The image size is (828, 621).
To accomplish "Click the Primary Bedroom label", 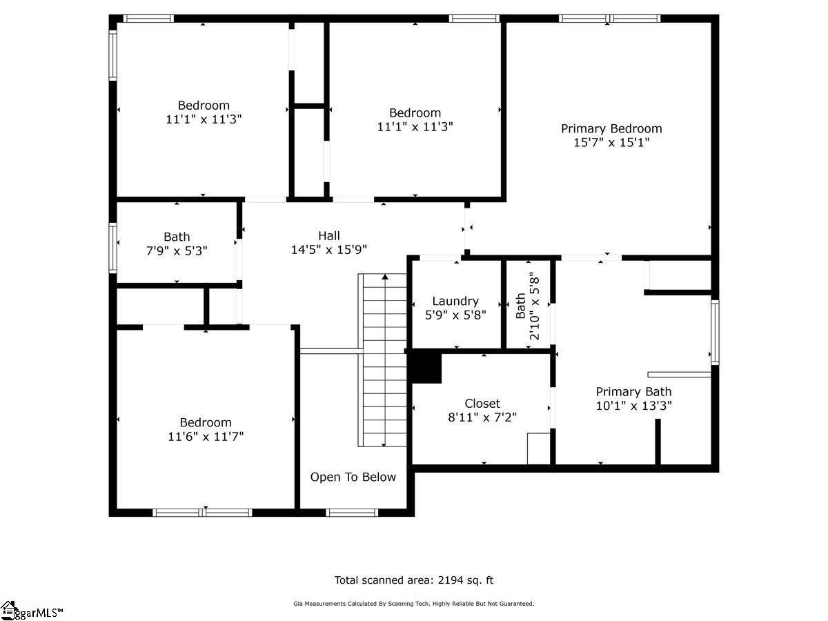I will pos(611,128).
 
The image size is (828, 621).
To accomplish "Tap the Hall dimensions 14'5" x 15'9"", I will pos(328,250).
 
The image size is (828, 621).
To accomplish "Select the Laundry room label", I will pos(455,301).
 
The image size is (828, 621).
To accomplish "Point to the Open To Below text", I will pos(353,477).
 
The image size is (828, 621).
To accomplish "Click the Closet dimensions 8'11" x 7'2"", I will pos(482,417).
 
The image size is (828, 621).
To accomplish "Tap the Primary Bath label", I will pos(633,392).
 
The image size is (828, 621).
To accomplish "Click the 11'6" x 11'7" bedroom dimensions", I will pos(206,436).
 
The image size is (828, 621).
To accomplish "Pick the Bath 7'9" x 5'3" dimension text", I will pos(177,250).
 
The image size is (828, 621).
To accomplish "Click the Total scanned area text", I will pos(414,580).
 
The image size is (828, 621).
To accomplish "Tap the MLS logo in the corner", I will pos(31,611).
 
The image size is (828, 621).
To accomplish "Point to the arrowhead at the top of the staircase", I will pos(384,277).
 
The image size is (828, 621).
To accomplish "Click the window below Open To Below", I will pos(352,512).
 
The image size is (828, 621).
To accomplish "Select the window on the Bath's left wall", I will pos(113,247).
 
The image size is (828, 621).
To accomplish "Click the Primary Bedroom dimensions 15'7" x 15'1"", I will pos(611,143).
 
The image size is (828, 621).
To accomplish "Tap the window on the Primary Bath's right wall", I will pos(715,333).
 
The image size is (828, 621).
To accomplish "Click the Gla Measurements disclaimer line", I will pos(414,604).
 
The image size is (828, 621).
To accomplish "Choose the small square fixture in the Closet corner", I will pos(538,448).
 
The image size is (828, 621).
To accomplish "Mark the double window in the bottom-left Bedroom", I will pos(202,512).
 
